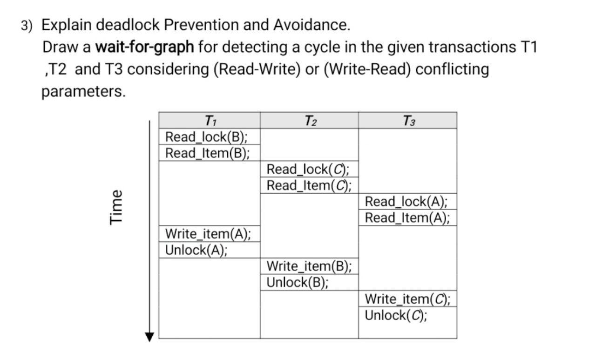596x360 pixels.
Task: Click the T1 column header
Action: pyautogui.click(x=210, y=121)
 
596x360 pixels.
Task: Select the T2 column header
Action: pyautogui.click(x=310, y=121)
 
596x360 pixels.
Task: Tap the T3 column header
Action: pyautogui.click(x=408, y=121)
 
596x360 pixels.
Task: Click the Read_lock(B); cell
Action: pyautogui.click(x=207, y=137)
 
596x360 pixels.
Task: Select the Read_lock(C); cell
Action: pyautogui.click(x=308, y=169)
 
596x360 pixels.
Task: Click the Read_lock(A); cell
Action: pyautogui.click(x=406, y=202)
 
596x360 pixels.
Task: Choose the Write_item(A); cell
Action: pyautogui.click(x=208, y=234)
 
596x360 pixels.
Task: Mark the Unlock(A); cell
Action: pyautogui.click(x=196, y=250)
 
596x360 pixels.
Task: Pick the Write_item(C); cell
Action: pyautogui.click(x=407, y=299)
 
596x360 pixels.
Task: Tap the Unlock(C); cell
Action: pyautogui.click(x=396, y=315)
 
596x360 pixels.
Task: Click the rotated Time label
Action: pyautogui.click(x=116, y=207)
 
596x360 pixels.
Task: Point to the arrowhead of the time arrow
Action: pyautogui.click(x=149, y=337)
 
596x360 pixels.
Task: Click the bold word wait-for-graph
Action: pyautogui.click(x=144, y=47)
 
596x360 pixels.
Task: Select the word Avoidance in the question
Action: pyautogui.click(x=311, y=25)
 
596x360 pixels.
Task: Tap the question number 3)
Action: pyautogui.click(x=27, y=26)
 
